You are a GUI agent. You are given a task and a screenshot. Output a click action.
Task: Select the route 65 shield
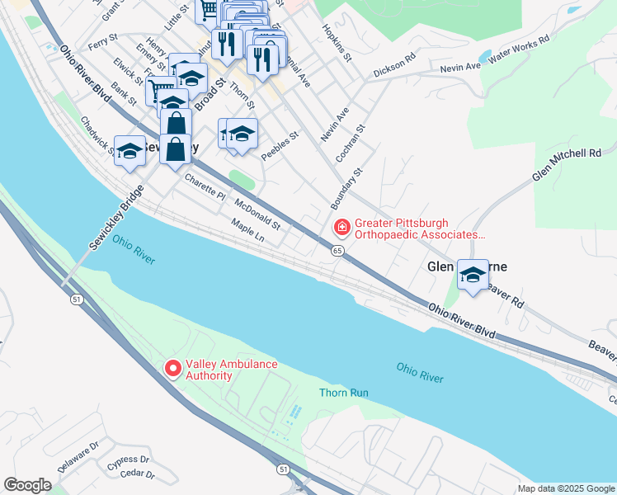[338, 250]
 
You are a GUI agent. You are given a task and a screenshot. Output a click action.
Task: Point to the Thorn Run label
[343, 393]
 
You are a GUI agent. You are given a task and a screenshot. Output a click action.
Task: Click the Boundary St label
[346, 188]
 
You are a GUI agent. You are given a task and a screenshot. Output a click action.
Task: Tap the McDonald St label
[258, 214]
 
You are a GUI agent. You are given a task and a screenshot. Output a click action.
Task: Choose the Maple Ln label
[247, 231]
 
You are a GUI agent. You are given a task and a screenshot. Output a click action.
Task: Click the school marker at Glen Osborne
[473, 275]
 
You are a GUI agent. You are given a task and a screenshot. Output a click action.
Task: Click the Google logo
[27, 484]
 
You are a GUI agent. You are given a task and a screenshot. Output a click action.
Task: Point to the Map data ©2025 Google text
[566, 488]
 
